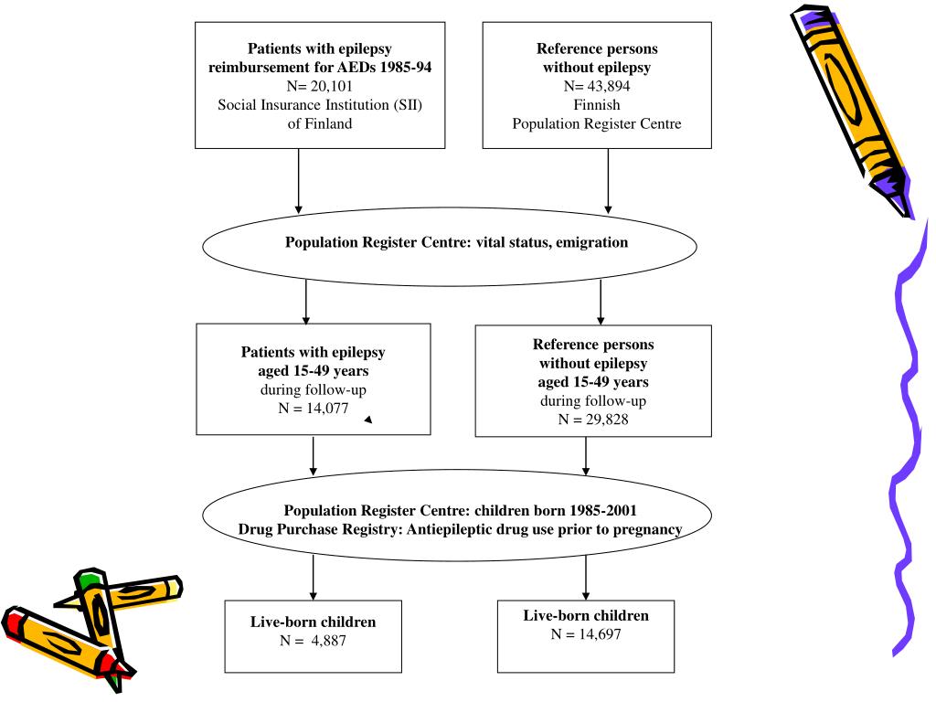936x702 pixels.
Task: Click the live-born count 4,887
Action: click(x=325, y=641)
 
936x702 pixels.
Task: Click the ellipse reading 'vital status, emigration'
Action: click(x=448, y=243)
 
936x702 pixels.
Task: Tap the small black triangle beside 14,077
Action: click(x=367, y=420)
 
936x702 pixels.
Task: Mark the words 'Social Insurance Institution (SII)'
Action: click(x=320, y=105)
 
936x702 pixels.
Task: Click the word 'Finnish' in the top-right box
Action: click(x=597, y=105)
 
